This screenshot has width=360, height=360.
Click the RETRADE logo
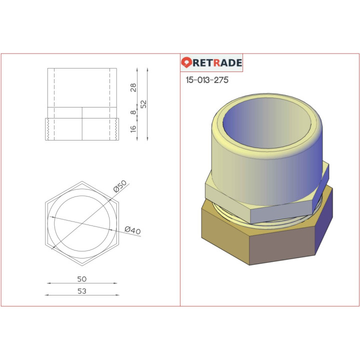[x=211, y=63]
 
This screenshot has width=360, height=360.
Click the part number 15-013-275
[x=206, y=80]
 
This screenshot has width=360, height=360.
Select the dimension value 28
[x=133, y=87]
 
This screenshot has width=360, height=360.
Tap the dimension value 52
[x=143, y=104]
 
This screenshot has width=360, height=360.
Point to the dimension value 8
[x=133, y=113]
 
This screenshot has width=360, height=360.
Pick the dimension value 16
[x=133, y=129]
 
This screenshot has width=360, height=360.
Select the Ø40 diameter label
[x=132, y=230]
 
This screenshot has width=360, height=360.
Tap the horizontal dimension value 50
[x=82, y=278]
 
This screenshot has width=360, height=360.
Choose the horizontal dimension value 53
[x=82, y=291]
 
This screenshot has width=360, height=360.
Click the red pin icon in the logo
[x=186, y=63]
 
